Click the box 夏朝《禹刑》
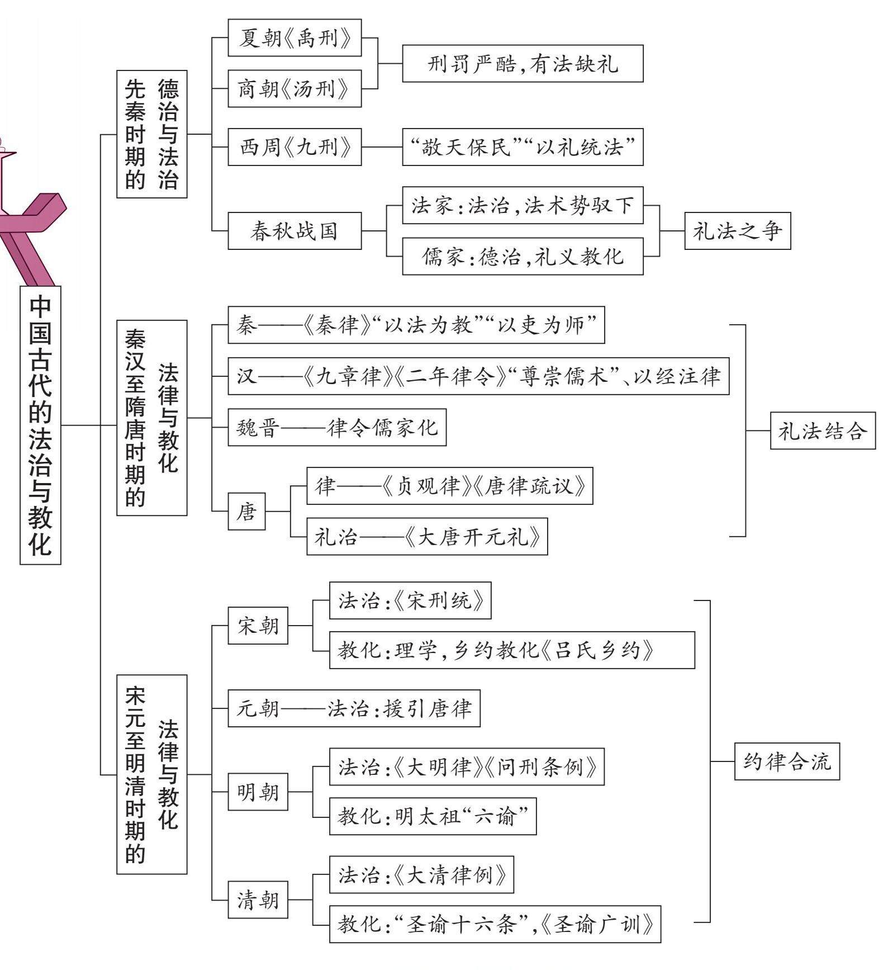coord(295,38)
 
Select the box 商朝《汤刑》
coord(295,88)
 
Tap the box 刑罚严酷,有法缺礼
coord(523,64)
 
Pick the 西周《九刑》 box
coord(295,147)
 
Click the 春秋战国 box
coord(295,230)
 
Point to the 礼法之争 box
coord(737,230)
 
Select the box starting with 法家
coord(523,205)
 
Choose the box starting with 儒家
coord(523,256)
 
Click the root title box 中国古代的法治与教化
coord(40,425)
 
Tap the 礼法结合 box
coord(823,430)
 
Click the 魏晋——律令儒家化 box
coord(337,427)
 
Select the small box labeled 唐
coord(246,511)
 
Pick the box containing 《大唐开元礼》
coord(427,537)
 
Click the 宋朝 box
coord(258,626)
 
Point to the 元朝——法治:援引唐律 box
coord(354,708)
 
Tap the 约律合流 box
coord(787,761)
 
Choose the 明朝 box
coord(258,792)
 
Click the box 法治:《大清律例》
coord(421,874)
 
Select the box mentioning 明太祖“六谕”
coord(433,816)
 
